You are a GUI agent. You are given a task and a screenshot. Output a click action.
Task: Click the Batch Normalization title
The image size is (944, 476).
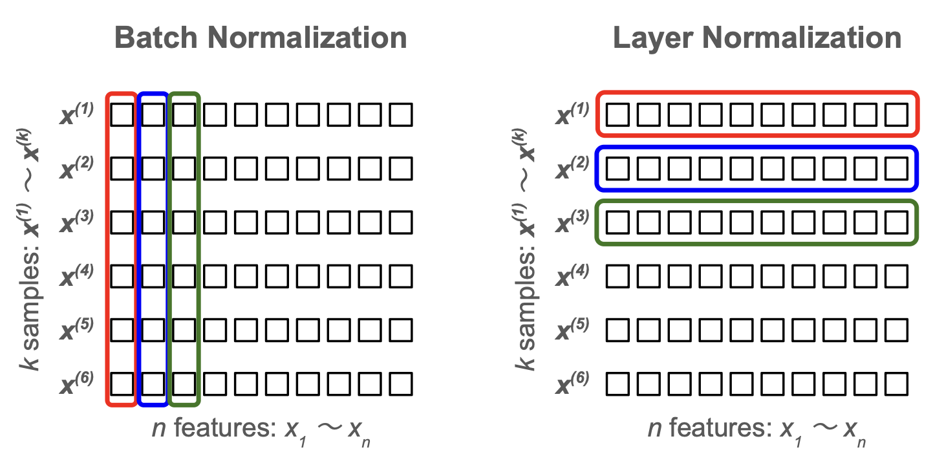(x=260, y=38)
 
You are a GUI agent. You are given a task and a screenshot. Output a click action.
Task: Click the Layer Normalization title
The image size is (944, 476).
(x=757, y=38)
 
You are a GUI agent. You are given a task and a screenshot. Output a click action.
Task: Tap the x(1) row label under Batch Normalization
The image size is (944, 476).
(x=78, y=115)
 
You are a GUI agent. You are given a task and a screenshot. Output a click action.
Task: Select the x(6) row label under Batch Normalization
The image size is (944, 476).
(x=78, y=384)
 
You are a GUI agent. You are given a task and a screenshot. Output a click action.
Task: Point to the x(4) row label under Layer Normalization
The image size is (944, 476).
(x=572, y=277)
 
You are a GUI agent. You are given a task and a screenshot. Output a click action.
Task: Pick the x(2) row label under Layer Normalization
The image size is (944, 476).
(x=572, y=169)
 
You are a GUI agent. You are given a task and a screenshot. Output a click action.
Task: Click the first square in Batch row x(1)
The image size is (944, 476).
(x=121, y=115)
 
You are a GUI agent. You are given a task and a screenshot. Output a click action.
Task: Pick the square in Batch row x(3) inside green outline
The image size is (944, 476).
(x=184, y=222)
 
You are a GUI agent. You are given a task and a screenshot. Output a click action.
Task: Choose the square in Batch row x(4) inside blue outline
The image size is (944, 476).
(x=152, y=277)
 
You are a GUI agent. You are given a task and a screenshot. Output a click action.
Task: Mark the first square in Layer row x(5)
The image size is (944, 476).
(x=618, y=330)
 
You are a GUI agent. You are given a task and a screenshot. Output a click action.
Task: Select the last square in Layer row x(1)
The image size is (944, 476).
(x=897, y=115)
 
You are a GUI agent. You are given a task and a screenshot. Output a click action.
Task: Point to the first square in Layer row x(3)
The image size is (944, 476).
(x=618, y=222)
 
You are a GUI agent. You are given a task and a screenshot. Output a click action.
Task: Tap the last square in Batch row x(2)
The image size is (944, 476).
(x=401, y=169)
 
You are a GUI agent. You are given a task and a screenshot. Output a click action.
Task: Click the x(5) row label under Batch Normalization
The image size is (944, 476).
(x=78, y=330)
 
